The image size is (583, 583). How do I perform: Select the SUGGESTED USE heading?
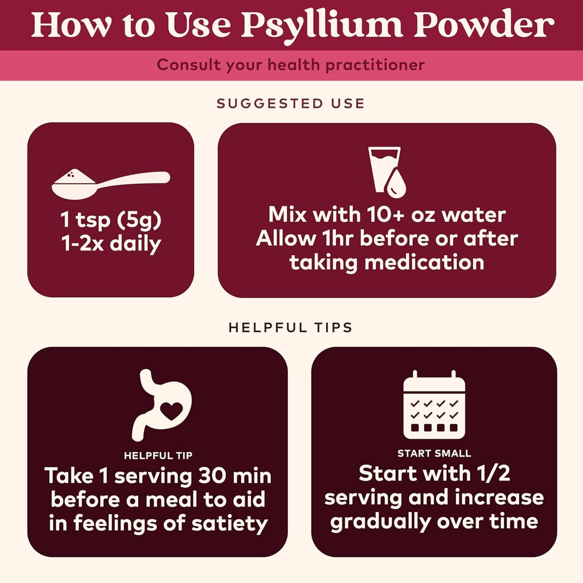click(290, 104)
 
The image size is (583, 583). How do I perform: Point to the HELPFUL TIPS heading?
click(290, 328)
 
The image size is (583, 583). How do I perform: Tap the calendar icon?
click(434, 405)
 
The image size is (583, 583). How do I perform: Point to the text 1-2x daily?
click(110, 244)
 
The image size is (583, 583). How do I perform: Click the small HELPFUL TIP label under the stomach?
click(158, 455)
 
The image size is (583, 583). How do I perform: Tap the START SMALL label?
click(434, 454)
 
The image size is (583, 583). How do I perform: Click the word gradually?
click(381, 522)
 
